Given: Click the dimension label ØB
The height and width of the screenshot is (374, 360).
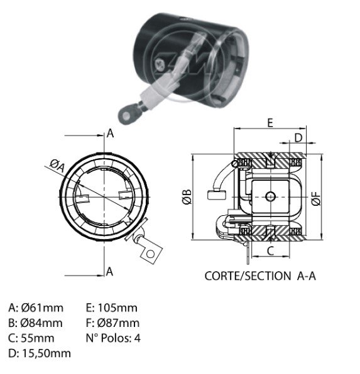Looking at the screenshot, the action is tap(187, 197).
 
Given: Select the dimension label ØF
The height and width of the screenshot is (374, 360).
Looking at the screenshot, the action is tap(316, 198).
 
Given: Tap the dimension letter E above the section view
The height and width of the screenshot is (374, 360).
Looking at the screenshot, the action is tap(270, 123).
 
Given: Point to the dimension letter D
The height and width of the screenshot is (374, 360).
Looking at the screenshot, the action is tap(298, 137).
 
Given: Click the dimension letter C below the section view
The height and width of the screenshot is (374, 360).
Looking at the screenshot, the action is tap(270, 251).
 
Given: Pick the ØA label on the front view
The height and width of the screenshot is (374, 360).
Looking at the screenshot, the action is tap(57, 166).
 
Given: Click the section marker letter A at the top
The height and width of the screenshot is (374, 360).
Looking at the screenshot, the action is tap(110, 133).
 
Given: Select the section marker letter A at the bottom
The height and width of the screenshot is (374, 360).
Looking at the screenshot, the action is tap(109, 272).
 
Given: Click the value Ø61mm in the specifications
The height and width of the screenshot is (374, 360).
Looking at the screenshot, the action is tap(42, 308).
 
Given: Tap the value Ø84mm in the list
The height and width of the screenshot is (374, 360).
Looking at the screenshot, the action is tap(41, 323).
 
